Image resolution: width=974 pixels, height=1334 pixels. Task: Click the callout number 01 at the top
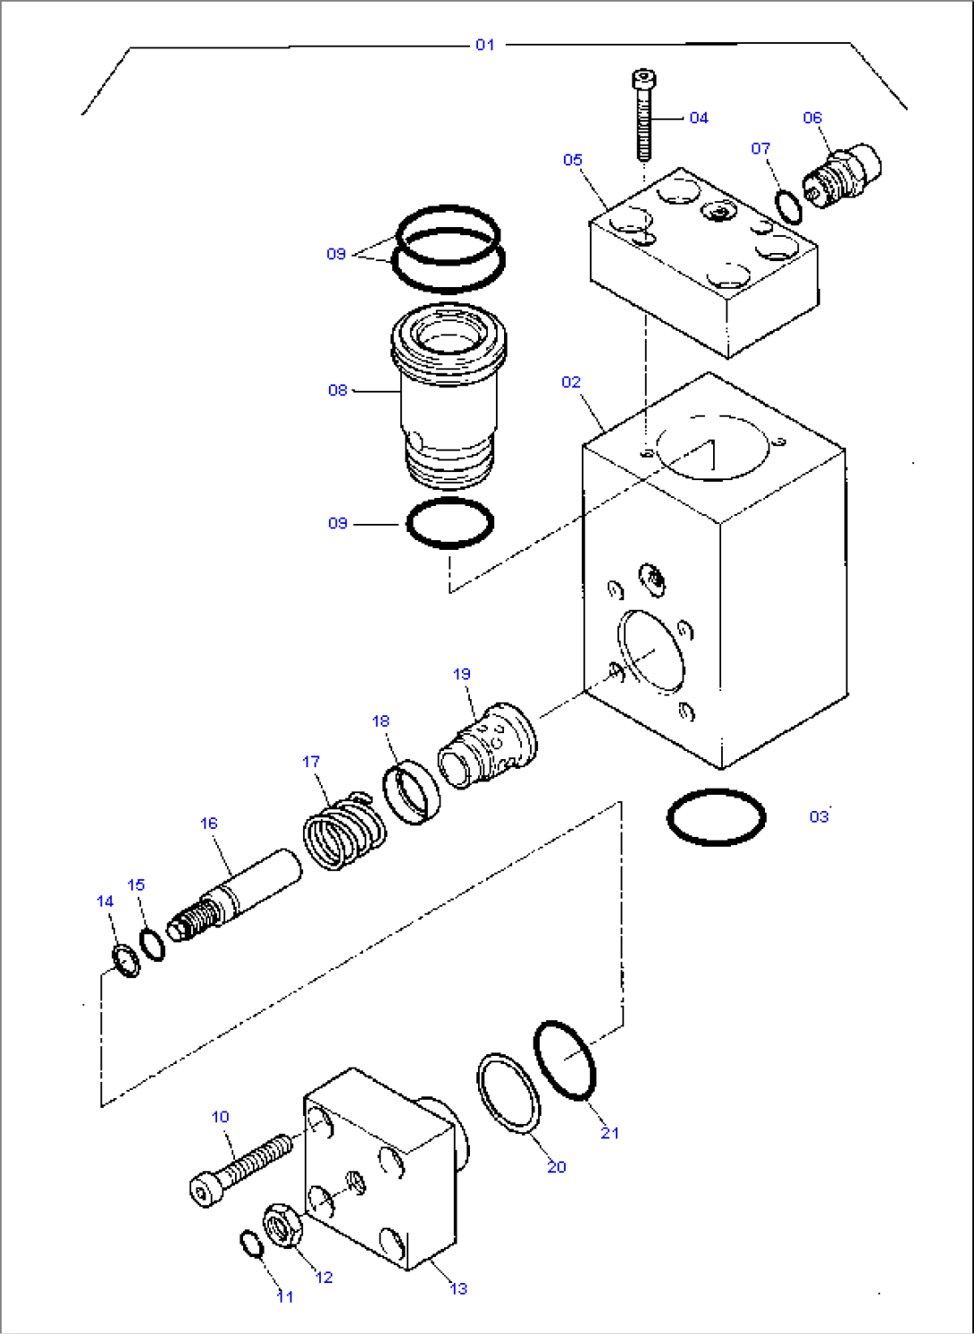pyautogui.click(x=484, y=45)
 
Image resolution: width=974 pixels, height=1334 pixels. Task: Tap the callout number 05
pyautogui.click(x=573, y=160)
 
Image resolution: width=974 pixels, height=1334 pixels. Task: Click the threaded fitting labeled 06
pyautogui.click(x=844, y=173)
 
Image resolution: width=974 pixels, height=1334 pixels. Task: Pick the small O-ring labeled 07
pyautogui.click(x=788, y=207)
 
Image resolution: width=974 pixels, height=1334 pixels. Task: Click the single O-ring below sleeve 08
pyautogui.click(x=450, y=522)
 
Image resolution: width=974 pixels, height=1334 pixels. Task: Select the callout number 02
pyautogui.click(x=571, y=383)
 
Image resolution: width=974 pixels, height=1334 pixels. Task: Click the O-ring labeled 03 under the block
pyautogui.click(x=716, y=816)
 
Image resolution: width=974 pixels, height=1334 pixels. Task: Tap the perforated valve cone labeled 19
pyautogui.click(x=489, y=746)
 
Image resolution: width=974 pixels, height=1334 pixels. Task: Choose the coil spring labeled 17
pyautogui.click(x=344, y=832)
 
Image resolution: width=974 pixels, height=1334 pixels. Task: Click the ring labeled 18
pyautogui.click(x=412, y=791)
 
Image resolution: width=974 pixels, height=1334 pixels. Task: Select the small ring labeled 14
pyautogui.click(x=126, y=959)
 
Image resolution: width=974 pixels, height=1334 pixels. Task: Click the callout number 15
pyautogui.click(x=136, y=885)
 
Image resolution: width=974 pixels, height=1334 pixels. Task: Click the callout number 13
pyautogui.click(x=458, y=1288)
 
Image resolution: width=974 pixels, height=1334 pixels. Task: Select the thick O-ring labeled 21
pyautogui.click(x=565, y=1060)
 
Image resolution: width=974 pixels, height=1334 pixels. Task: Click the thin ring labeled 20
pyautogui.click(x=508, y=1093)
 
